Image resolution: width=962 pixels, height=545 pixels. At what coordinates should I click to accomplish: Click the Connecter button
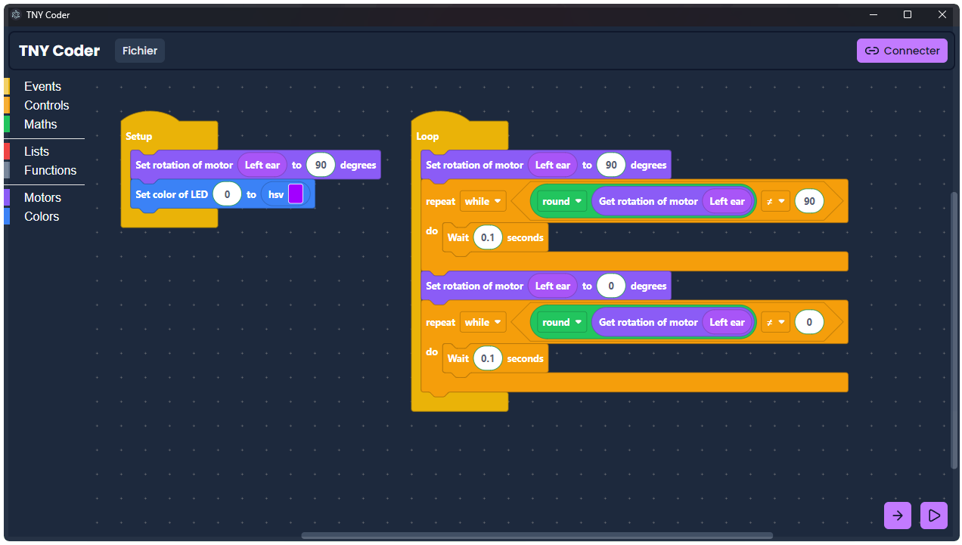click(x=901, y=51)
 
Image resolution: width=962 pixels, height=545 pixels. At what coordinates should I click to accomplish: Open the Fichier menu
click(x=140, y=51)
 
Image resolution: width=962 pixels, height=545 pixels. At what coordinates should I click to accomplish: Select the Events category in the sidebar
click(x=42, y=86)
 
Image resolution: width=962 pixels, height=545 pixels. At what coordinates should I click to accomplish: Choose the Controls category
click(x=46, y=105)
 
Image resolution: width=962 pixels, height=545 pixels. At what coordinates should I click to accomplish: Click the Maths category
click(x=40, y=124)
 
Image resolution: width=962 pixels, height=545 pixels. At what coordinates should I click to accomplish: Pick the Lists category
click(x=36, y=151)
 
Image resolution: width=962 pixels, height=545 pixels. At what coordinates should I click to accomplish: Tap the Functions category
click(x=50, y=170)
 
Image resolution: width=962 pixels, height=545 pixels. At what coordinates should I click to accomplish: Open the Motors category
click(x=42, y=197)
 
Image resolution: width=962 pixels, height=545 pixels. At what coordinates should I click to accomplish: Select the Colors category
click(x=41, y=216)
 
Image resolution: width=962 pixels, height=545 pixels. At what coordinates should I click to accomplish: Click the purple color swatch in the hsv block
click(x=296, y=194)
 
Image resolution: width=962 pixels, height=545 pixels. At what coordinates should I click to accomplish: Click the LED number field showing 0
click(x=227, y=194)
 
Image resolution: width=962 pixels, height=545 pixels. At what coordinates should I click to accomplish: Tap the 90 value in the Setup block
click(x=320, y=165)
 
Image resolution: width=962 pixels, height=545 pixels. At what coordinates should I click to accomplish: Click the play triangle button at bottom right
click(x=934, y=516)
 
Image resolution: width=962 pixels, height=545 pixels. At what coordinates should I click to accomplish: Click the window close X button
click(x=942, y=14)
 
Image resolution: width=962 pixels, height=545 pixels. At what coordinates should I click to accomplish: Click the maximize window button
click(x=908, y=14)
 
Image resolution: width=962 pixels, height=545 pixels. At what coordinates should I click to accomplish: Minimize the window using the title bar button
click(x=874, y=14)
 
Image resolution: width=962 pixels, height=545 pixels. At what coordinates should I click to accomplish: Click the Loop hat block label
click(x=427, y=136)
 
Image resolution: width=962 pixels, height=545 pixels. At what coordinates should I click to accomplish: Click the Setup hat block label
click(x=138, y=136)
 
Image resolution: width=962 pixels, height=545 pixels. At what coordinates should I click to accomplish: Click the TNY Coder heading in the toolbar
click(x=60, y=51)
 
